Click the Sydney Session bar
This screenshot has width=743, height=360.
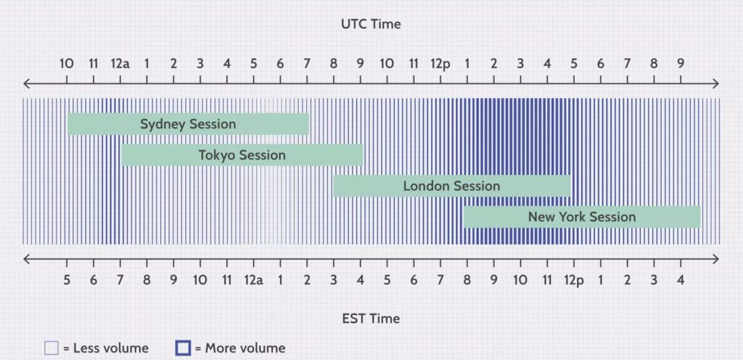coord(188,124)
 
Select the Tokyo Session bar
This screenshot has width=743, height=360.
coord(242,155)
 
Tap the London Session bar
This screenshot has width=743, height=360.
coord(451,186)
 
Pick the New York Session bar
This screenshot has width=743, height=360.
coord(582,217)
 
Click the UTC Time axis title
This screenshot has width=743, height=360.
coord(371,24)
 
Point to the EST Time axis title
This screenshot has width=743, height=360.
coord(371,319)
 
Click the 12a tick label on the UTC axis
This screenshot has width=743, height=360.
coord(120,63)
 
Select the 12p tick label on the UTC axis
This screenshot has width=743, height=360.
coord(440,64)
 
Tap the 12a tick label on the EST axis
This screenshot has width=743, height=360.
coord(253,280)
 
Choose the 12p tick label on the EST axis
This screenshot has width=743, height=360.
coord(574,281)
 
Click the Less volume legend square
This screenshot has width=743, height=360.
coord(52,348)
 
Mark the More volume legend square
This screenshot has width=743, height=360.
coord(183,348)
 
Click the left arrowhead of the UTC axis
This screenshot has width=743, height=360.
coord(27,84)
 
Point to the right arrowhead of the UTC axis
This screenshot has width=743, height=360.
coord(715,84)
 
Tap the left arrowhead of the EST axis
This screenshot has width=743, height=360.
coord(27,259)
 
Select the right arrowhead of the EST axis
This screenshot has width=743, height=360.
coord(715,259)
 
